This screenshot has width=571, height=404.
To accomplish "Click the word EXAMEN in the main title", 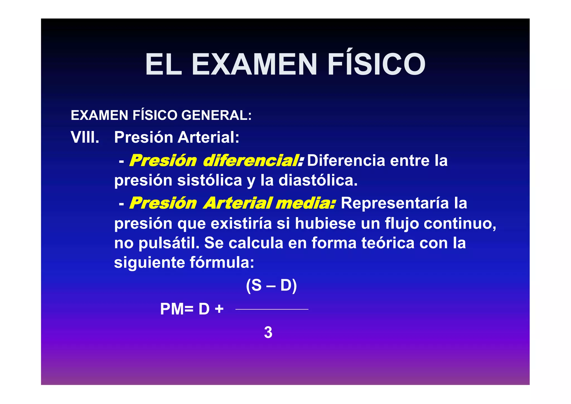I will (x=254, y=64).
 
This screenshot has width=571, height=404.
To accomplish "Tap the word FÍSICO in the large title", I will (x=376, y=64).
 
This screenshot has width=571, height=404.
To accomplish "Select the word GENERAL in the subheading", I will (x=216, y=115).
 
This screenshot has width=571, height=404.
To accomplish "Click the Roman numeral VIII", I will (x=85, y=137).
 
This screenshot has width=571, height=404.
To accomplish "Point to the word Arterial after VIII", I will (x=208, y=137).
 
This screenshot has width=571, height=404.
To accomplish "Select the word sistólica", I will (x=210, y=180).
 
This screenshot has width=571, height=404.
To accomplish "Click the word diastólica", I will (x=318, y=180).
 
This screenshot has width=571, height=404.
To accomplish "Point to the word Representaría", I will (x=395, y=203).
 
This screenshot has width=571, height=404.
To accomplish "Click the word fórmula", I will (x=222, y=262).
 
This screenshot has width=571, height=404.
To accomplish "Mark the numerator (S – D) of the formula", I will (x=271, y=286).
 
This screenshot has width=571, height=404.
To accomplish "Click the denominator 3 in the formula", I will (x=268, y=332).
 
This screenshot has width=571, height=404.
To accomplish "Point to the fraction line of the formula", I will (x=272, y=309).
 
